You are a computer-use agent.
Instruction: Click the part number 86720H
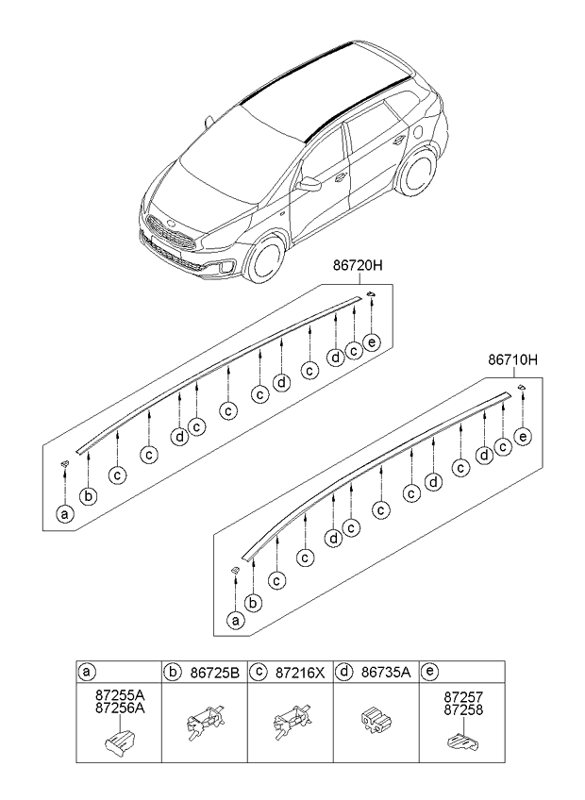pyautogui.click(x=357, y=267)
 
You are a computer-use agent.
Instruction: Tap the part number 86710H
pyautogui.click(x=511, y=359)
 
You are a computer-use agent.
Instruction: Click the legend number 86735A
pyautogui.click(x=385, y=673)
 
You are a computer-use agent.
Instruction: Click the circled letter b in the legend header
pyautogui.click(x=173, y=673)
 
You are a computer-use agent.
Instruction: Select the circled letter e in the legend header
pyautogui.click(x=429, y=673)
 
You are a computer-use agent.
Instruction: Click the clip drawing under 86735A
pyautogui.click(x=375, y=725)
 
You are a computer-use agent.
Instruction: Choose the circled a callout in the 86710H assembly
pyautogui.click(x=236, y=620)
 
